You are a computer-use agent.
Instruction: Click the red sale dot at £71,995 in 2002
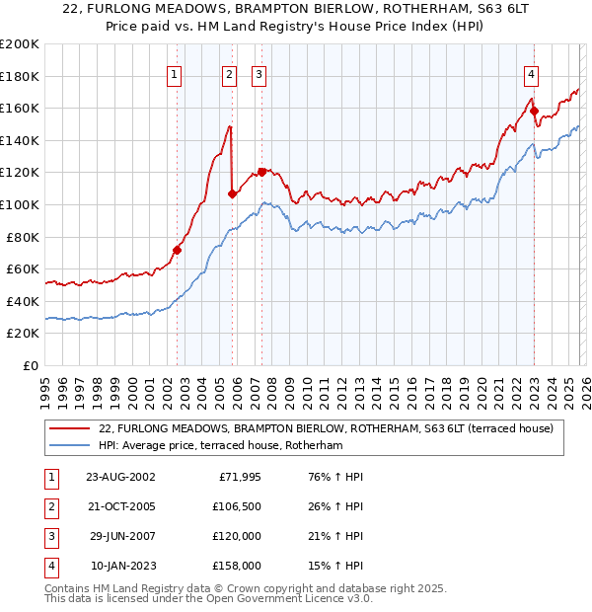[178, 250]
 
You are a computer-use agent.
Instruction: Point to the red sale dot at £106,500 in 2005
[232, 193]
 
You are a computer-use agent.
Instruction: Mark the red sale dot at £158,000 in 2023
[534, 111]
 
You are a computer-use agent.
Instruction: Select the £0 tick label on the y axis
[30, 365]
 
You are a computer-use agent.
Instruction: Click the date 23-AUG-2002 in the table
[120, 477]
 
